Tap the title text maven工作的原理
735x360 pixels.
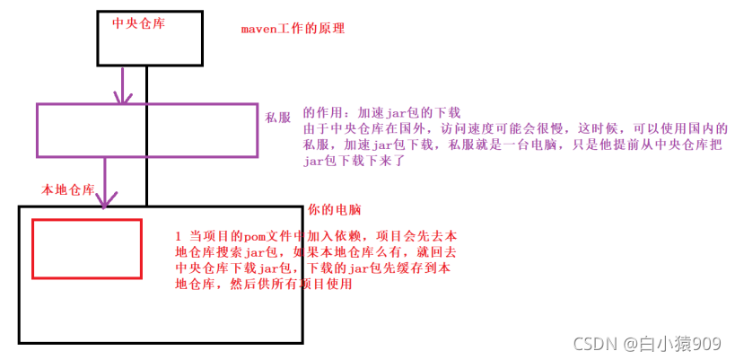coord(293,29)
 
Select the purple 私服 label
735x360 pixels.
coord(276,117)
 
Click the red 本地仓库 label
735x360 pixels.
coord(68,190)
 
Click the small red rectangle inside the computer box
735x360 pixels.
coord(87,248)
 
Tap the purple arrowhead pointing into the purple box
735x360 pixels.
coord(123,97)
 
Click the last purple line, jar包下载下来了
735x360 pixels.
coord(355,162)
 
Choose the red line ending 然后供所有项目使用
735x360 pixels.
coord(263,285)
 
